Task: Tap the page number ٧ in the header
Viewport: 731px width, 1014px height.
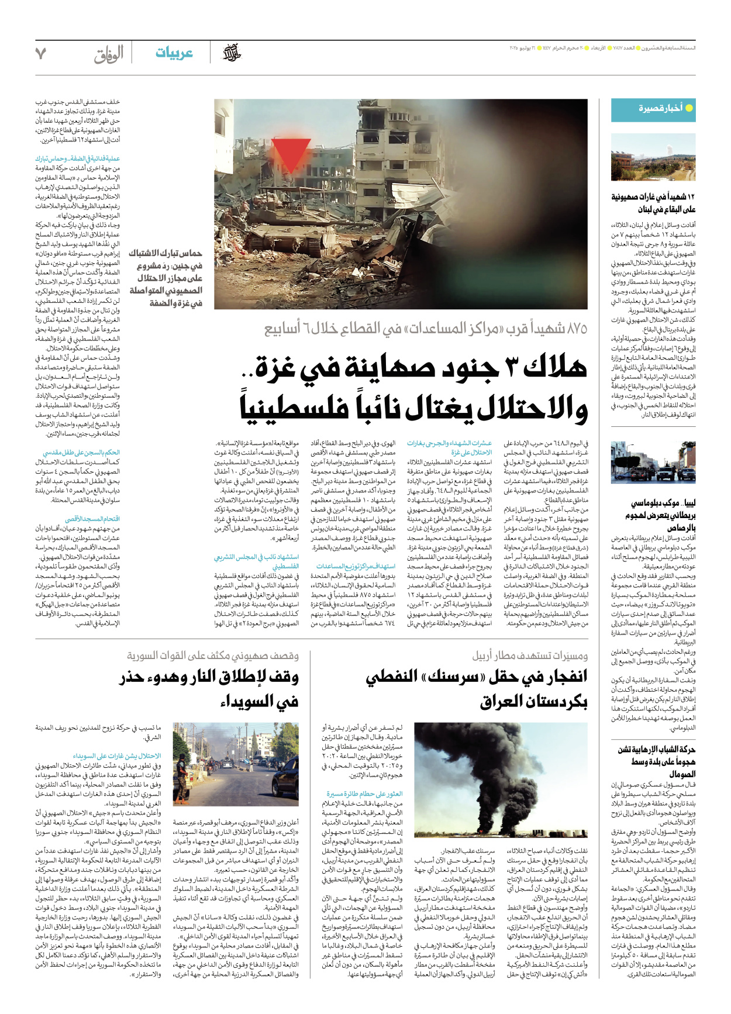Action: (40, 54)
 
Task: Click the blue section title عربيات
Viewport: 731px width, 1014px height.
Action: (174, 53)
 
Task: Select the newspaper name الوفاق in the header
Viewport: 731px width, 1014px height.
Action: (109, 54)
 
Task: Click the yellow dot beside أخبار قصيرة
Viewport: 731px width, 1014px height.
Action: (689, 108)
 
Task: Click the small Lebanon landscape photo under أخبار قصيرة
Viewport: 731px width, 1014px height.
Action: (653, 157)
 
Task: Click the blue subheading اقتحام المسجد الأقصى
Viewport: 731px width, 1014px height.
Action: (92, 519)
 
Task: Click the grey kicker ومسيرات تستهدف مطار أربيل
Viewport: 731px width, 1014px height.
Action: (530, 656)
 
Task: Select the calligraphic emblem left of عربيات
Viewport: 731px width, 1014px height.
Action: (232, 53)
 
